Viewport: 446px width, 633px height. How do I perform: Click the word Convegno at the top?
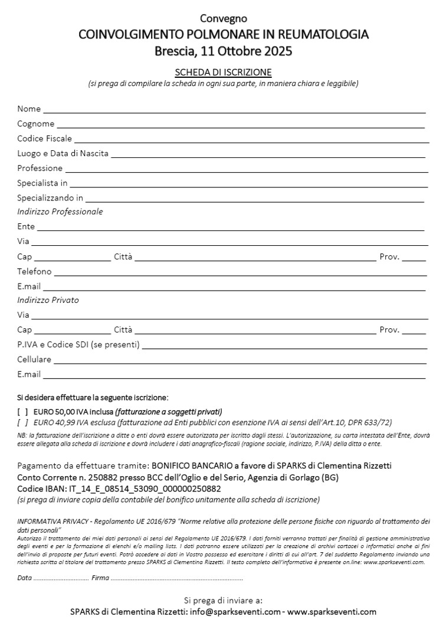tap(223, 19)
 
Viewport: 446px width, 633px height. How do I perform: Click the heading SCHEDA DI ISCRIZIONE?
tap(223, 72)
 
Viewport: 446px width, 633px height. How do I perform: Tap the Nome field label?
tap(29, 109)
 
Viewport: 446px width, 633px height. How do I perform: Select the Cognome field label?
tap(35, 124)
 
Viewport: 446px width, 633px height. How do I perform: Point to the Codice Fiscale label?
tap(44, 139)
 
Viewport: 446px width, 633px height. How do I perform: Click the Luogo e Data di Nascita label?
tap(63, 153)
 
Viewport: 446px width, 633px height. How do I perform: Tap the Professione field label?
tap(40, 168)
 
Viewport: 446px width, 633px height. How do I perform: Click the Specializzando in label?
tap(50, 197)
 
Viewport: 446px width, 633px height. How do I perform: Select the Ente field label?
tap(26, 226)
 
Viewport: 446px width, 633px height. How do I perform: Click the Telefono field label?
tap(34, 272)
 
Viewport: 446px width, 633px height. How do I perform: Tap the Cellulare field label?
tap(34, 359)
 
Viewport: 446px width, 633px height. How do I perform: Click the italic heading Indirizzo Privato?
tap(48, 300)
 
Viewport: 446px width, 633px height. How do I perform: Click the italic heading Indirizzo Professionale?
tap(60, 212)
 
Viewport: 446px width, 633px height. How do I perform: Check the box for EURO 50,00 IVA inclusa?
tap(22, 411)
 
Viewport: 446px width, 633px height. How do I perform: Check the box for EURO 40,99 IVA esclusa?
tap(22, 422)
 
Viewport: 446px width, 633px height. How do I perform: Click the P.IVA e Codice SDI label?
tap(78, 345)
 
